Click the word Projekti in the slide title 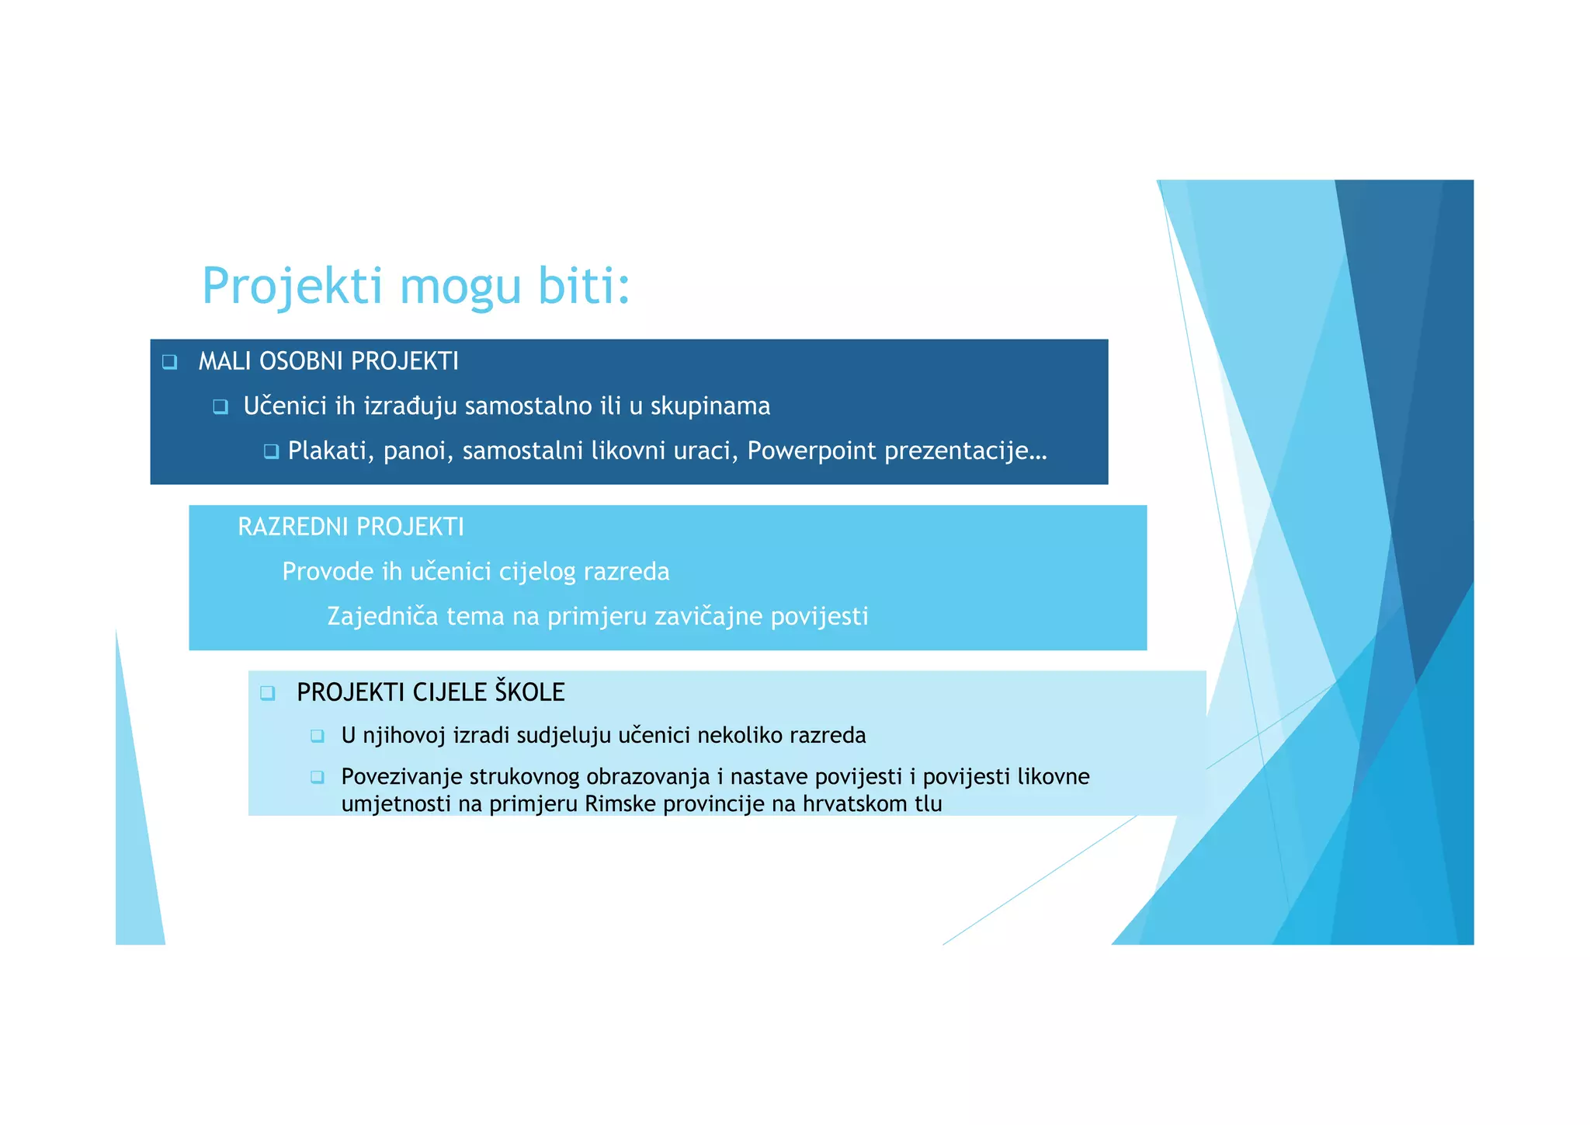tap(293, 286)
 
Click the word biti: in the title tap(584, 286)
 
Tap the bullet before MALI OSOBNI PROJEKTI tap(169, 362)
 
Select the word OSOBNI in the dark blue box tap(301, 361)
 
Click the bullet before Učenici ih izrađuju tap(220, 406)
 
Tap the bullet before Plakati tap(271, 451)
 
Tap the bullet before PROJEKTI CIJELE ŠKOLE tap(268, 692)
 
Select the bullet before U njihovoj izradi tap(317, 736)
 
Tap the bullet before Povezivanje tap(317, 777)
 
